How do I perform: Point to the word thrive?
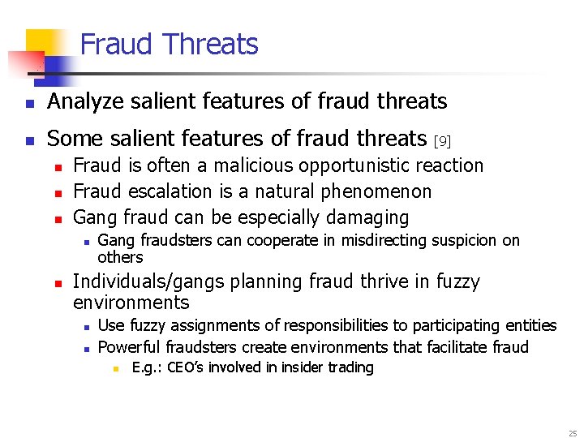(384, 281)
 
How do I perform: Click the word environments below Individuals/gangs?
(131, 303)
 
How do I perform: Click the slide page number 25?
(573, 433)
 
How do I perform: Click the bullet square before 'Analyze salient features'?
(29, 103)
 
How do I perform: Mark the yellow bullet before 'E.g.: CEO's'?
(115, 368)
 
